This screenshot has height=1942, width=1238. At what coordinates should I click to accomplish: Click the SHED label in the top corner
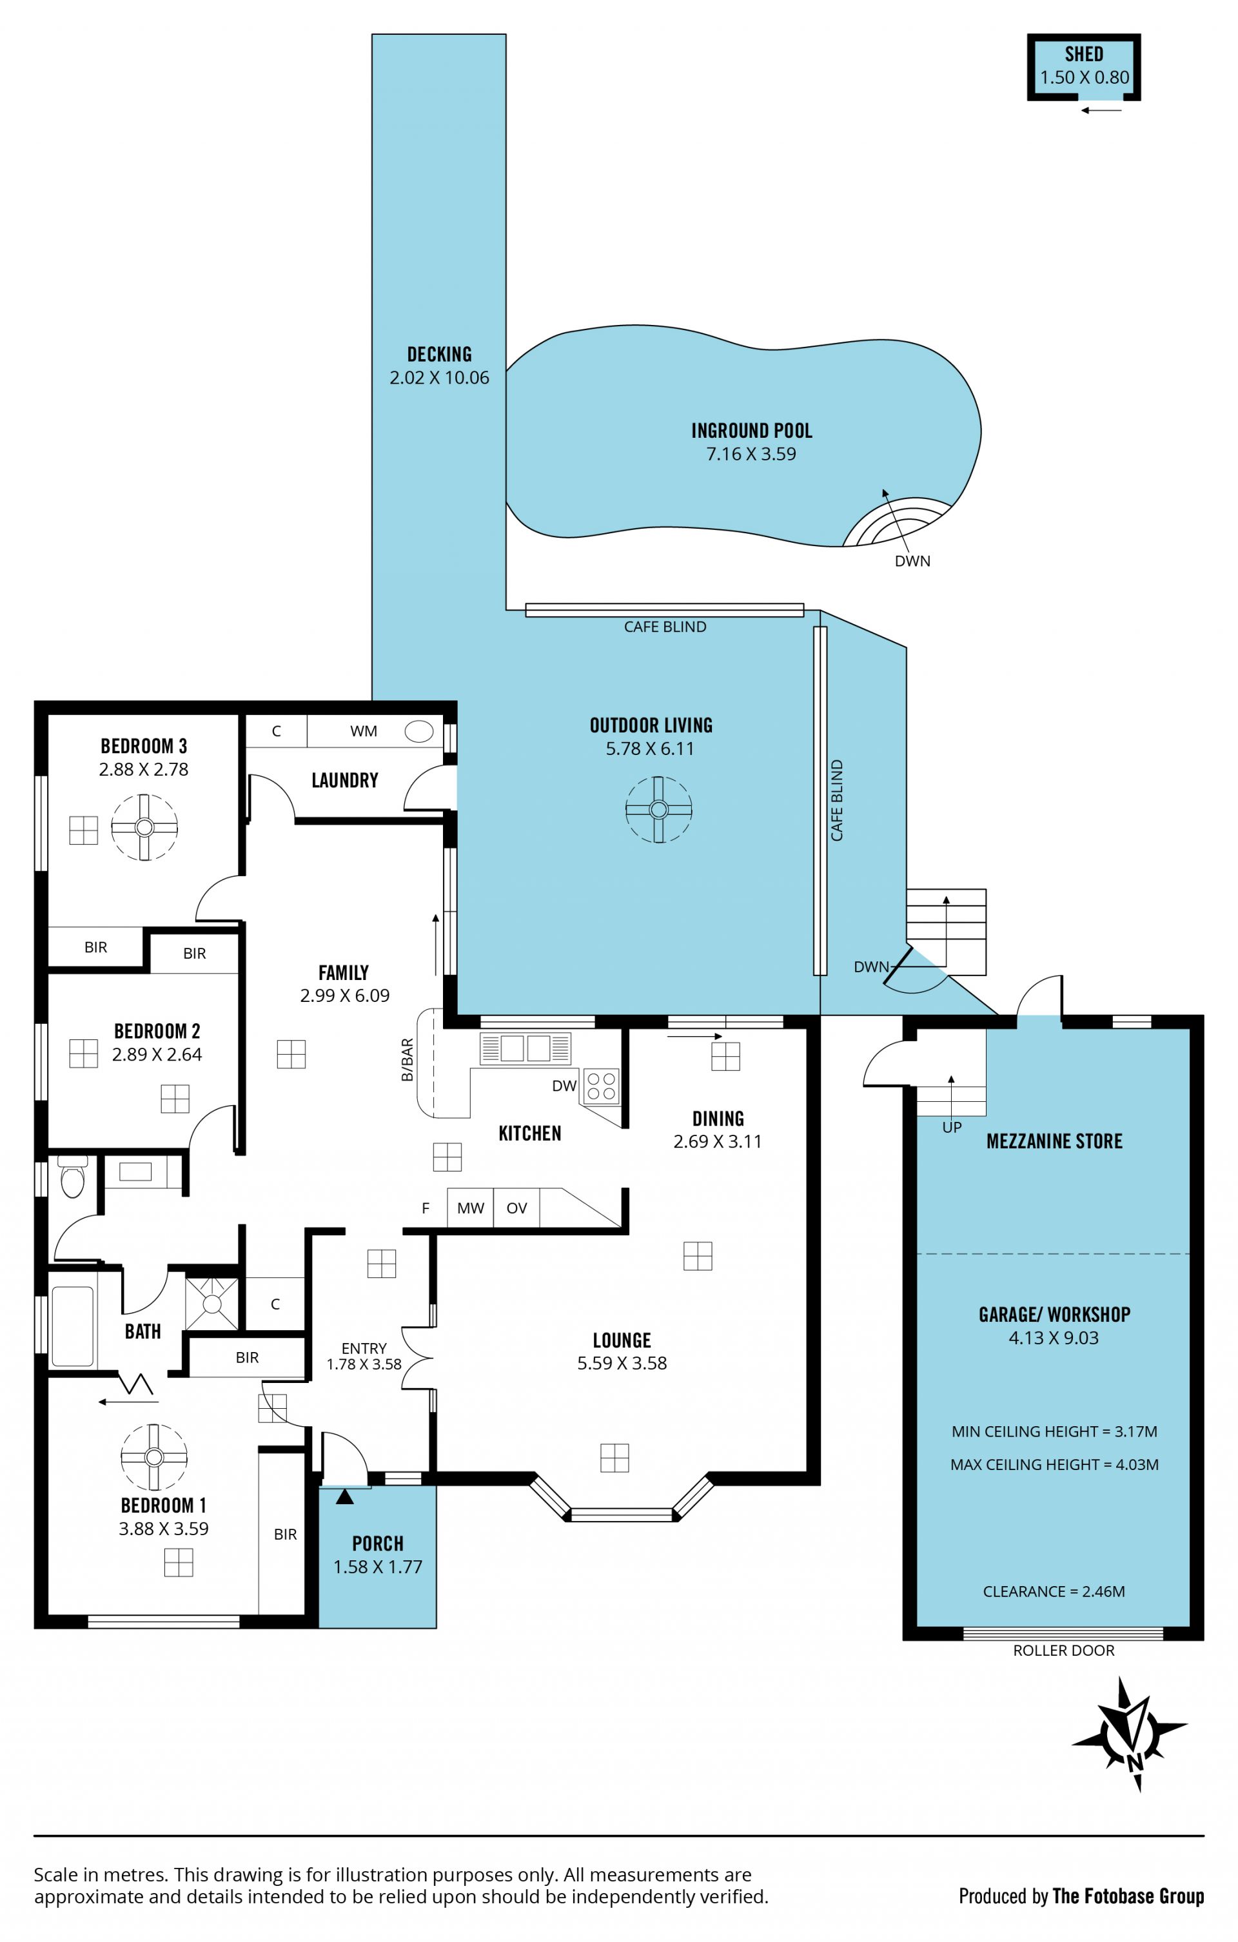1083,54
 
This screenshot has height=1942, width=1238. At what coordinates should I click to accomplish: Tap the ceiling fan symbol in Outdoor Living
658,809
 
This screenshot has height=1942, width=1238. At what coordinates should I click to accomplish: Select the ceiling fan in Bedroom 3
144,827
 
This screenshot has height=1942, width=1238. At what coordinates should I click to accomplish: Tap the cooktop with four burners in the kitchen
601,1086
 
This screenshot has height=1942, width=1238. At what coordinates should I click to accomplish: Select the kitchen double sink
525,1048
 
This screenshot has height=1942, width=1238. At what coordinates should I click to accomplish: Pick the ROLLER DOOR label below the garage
1063,1650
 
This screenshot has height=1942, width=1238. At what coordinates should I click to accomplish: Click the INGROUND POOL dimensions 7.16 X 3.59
751,454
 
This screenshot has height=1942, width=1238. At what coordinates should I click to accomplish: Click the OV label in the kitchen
516,1208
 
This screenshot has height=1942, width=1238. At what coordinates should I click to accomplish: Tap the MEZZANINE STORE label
1054,1141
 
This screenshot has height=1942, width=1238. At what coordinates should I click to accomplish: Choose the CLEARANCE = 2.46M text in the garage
1054,1591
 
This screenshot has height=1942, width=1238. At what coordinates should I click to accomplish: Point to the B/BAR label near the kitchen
408,1060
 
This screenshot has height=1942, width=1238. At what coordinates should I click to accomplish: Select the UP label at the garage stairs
952,1128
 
